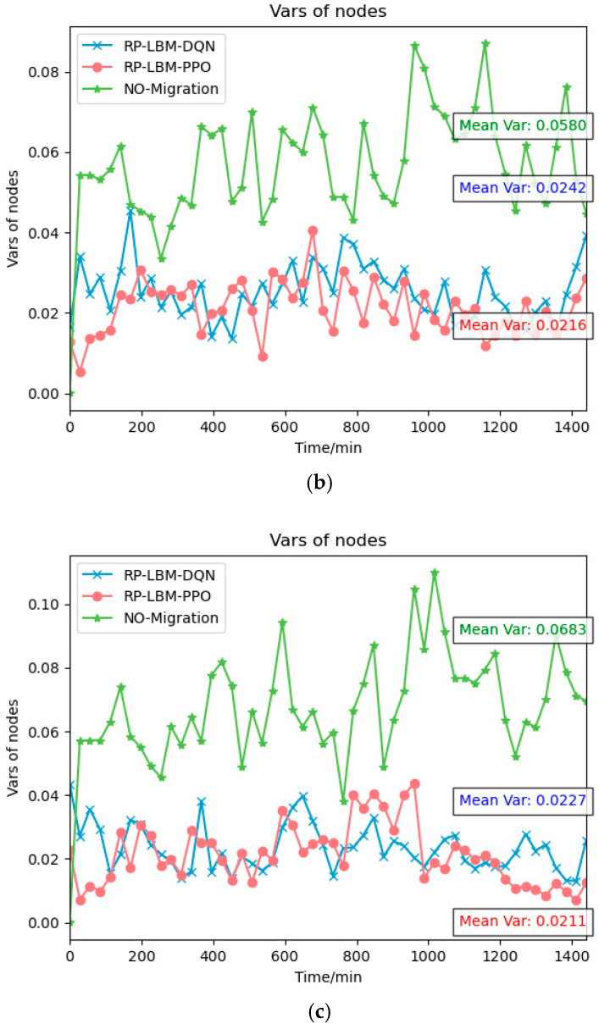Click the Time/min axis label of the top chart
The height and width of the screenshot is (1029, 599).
point(328,447)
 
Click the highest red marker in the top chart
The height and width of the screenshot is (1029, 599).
point(313,230)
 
